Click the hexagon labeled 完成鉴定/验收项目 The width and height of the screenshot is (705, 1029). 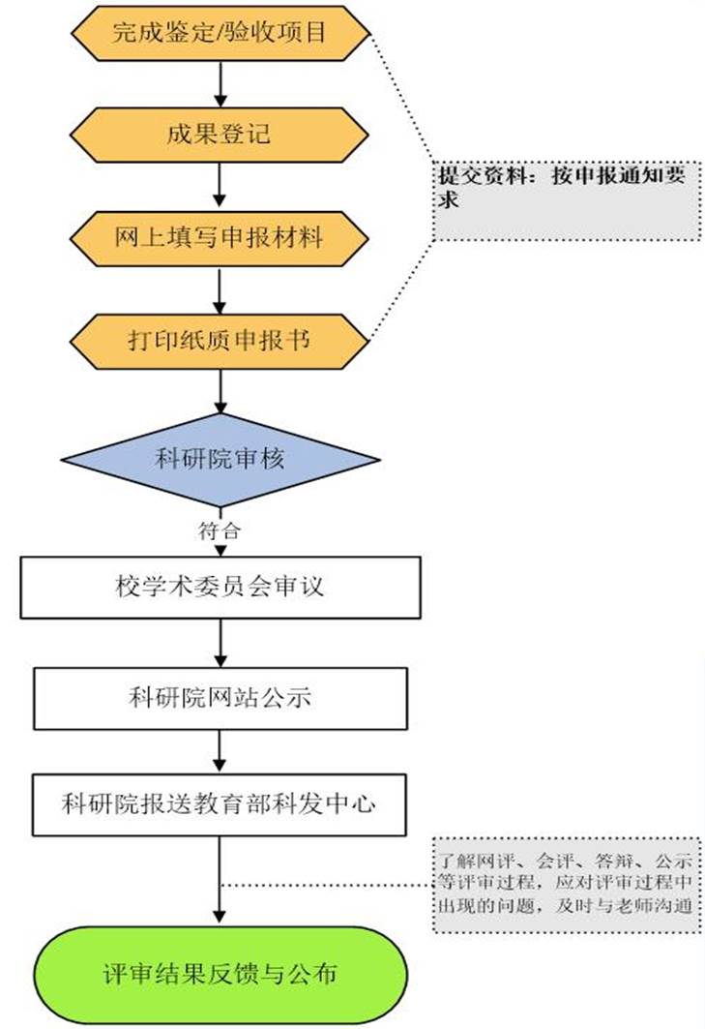tap(221, 33)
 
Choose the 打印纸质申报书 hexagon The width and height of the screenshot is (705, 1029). tap(220, 340)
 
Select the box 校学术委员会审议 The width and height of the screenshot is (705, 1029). tap(220, 588)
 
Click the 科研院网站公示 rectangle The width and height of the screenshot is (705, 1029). tap(220, 698)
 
